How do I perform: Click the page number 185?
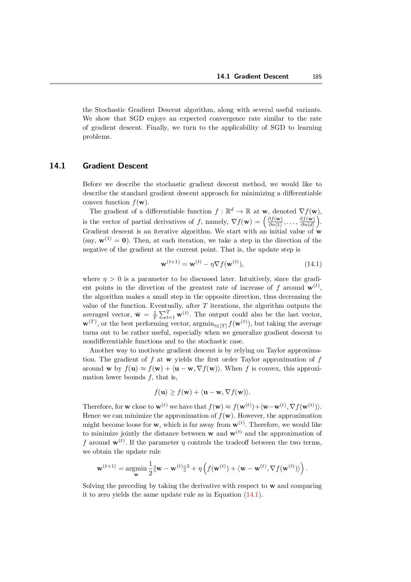click(x=317, y=77)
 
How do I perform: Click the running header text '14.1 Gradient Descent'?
click(x=252, y=77)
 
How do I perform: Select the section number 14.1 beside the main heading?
click(x=57, y=166)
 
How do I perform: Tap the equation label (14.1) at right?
click(x=313, y=264)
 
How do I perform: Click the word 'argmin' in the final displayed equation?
click(x=136, y=468)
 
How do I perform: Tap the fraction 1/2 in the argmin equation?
click(x=150, y=468)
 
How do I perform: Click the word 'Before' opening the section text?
click(x=93, y=184)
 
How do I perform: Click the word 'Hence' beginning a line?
click(x=92, y=416)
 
